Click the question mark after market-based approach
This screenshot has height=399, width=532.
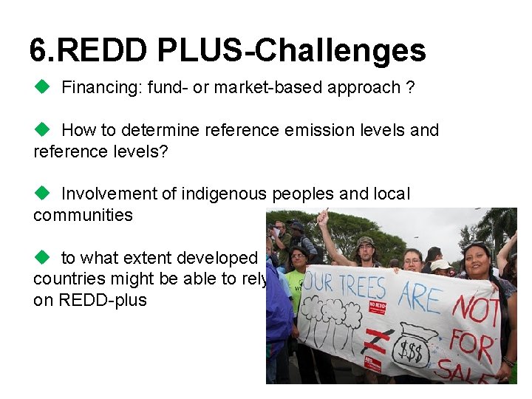pyautogui.click(x=409, y=88)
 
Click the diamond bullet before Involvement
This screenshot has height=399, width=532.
pyautogui.click(x=41, y=194)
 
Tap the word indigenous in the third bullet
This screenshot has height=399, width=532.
pyautogui.click(x=223, y=194)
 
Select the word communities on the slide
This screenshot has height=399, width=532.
pyautogui.click(x=83, y=216)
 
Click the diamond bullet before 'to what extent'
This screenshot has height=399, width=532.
pyautogui.click(x=41, y=258)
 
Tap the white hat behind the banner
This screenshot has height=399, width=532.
pyautogui.click(x=441, y=265)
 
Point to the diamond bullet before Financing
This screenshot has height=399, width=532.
pyautogui.click(x=41, y=87)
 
